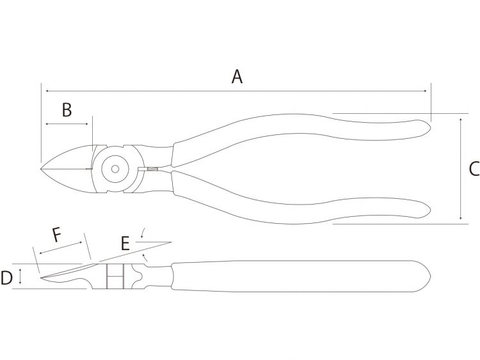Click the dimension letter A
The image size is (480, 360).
click(x=237, y=77)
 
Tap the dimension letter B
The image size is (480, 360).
click(x=67, y=110)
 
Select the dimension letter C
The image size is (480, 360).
click(x=475, y=169)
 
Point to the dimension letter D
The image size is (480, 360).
click(x=6, y=278)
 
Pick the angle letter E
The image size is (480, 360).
click(x=125, y=244)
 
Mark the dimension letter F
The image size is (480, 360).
click(x=57, y=235)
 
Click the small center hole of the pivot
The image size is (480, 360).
click(x=115, y=169)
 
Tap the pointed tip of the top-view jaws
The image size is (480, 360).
click(x=41, y=169)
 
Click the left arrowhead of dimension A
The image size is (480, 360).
click(x=47, y=91)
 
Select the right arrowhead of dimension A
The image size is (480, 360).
click(x=424, y=91)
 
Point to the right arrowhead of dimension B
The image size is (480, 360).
click(x=86, y=124)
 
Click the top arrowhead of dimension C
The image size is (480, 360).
click(x=460, y=120)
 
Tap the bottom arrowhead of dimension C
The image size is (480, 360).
click(x=460, y=217)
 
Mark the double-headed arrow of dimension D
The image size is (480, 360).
click(x=20, y=276)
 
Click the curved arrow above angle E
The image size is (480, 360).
click(x=143, y=233)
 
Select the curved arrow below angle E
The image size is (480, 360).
click(x=146, y=258)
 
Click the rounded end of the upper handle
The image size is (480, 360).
click(x=427, y=128)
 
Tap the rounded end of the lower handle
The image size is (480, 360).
click(x=427, y=210)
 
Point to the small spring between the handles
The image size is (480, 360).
click(x=152, y=169)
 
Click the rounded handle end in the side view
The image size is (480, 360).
click(x=426, y=276)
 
